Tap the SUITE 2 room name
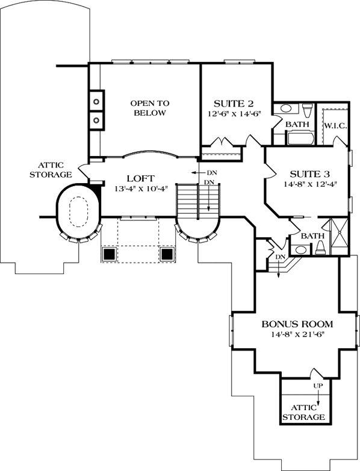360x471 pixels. tap(235, 102)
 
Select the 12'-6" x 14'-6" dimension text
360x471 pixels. tap(235, 113)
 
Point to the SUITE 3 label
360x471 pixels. tap(307, 172)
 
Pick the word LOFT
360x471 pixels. tap(141, 178)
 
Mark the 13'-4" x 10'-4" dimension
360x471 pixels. tap(141, 190)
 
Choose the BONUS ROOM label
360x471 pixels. tap(297, 324)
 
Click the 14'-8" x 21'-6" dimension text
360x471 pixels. tap(297, 335)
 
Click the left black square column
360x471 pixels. tap(110, 254)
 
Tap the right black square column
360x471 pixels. tap(167, 254)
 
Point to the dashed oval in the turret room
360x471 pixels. tap(78, 213)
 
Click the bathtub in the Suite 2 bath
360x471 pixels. tap(298, 139)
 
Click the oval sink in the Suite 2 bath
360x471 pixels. tap(286, 109)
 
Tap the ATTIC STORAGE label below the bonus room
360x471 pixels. tap(304, 411)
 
